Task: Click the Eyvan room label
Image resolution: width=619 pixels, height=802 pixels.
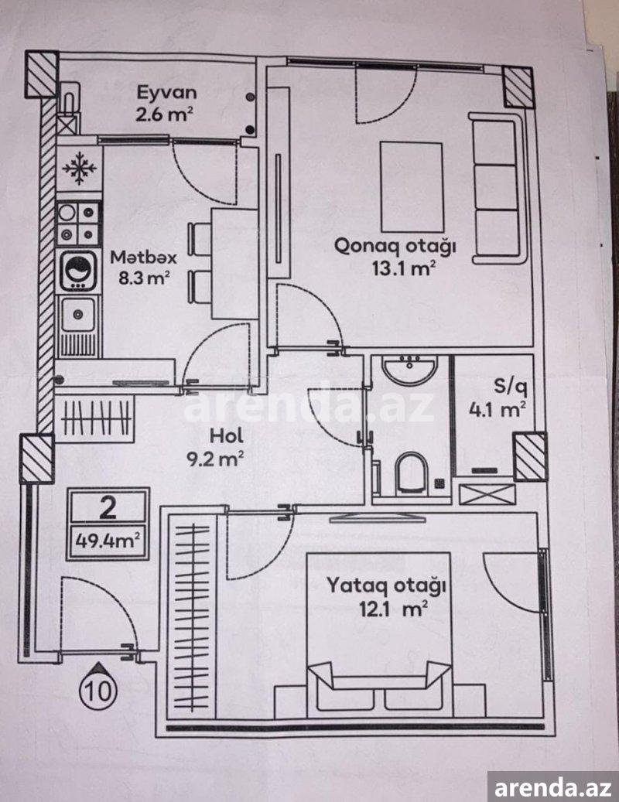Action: tap(166, 93)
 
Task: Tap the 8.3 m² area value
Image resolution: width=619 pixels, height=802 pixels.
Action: tap(144, 278)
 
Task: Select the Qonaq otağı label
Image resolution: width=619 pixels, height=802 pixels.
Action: tap(395, 247)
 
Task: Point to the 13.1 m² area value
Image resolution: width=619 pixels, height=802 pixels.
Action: tap(404, 268)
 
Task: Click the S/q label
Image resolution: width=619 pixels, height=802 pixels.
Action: tap(510, 387)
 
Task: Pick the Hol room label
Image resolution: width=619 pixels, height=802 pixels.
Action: tap(227, 436)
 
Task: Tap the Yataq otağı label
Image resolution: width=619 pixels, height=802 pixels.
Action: tap(386, 585)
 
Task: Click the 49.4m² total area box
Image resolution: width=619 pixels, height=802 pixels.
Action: tap(108, 541)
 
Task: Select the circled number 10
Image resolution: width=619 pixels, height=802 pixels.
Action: tap(97, 691)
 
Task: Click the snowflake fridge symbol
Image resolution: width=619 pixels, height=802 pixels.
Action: tap(79, 167)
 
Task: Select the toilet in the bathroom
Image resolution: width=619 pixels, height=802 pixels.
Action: tap(411, 472)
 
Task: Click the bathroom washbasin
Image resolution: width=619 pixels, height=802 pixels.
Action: tap(410, 369)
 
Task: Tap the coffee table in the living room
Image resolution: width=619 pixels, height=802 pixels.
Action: tap(412, 187)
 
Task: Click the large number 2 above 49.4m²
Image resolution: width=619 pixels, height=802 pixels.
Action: tap(108, 508)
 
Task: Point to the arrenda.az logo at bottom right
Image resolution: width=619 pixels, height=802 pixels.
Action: tap(553, 786)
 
